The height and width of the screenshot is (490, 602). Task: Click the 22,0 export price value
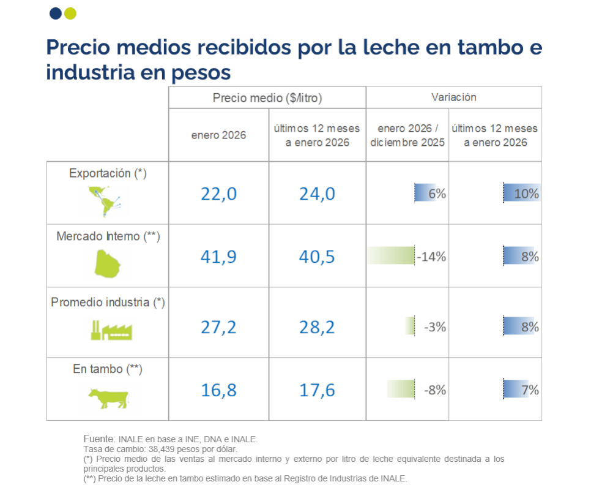218,194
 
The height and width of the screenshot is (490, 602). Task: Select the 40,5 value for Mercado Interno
317,256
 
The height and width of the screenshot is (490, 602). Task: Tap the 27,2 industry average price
218,327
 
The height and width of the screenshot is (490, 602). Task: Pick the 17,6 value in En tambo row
317,390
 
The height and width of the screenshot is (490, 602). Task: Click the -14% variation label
431,257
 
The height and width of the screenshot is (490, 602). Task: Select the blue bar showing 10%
521,194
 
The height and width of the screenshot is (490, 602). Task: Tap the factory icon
111,330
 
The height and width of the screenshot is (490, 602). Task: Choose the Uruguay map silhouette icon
108,263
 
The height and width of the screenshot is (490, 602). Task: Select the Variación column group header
453,97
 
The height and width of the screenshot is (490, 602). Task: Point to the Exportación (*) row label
108,173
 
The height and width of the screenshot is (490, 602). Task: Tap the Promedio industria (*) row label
108,302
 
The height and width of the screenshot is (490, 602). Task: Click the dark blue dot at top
55,13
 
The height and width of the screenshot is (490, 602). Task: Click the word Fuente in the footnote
98,439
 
